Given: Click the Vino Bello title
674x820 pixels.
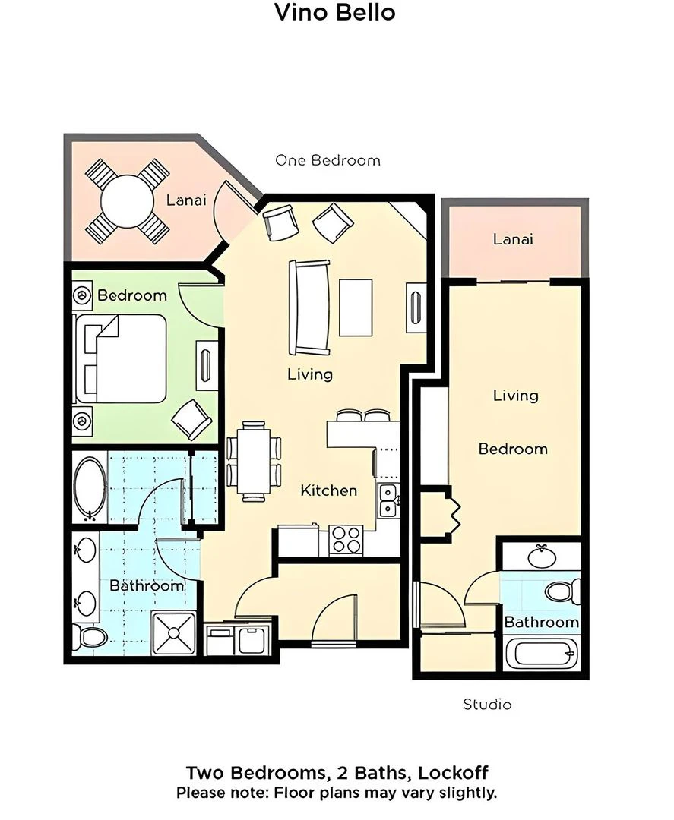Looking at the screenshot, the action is (x=335, y=12).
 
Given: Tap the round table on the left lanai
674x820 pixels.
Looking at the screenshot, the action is (x=127, y=200).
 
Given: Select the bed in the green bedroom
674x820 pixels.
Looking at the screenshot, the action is (x=121, y=358).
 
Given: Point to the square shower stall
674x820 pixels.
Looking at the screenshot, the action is (x=174, y=632).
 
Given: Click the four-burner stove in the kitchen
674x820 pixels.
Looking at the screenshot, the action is (x=346, y=540).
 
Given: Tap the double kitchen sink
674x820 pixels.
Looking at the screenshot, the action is (x=388, y=500).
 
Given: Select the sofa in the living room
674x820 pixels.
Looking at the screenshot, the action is (x=310, y=307).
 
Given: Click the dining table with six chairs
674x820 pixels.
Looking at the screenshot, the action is (x=254, y=462).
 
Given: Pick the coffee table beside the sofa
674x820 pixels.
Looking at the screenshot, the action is (x=356, y=307).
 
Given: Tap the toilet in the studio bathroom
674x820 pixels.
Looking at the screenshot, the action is (x=563, y=591).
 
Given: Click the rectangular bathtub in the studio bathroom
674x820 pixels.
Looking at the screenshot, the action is (x=542, y=653).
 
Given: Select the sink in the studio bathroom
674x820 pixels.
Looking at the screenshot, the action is (x=542, y=557).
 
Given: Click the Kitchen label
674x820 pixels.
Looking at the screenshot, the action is (x=328, y=490).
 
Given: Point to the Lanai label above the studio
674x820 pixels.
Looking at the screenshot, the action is (x=513, y=239).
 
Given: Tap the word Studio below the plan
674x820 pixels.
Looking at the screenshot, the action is (x=487, y=705).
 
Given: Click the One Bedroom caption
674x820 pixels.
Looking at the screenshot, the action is (x=328, y=160).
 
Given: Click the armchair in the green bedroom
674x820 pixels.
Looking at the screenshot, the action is (x=191, y=418).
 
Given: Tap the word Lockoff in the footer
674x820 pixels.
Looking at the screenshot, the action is (x=453, y=772).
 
